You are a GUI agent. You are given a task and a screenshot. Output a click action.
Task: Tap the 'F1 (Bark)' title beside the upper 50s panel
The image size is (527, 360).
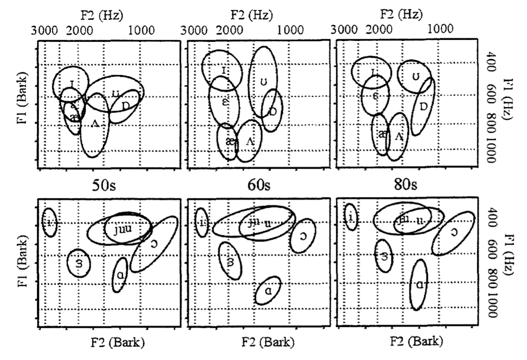(20, 97)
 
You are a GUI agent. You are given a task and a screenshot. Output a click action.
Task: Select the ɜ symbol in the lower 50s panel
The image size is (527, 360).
(79, 264)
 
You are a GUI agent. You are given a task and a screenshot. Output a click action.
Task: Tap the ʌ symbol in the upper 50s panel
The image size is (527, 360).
(95, 123)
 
